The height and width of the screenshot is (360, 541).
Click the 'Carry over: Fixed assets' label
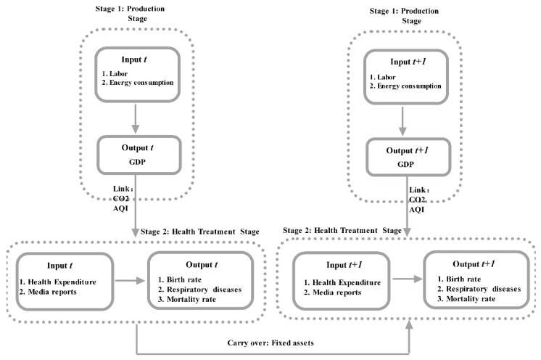pos(270,343)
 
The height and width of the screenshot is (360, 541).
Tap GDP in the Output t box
pos(137,162)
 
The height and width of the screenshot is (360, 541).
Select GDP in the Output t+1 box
pos(405,164)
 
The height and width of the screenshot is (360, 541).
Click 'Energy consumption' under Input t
pos(141,83)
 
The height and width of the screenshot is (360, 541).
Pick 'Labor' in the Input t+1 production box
pos(386,77)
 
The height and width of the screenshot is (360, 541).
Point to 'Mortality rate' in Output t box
pos(191,299)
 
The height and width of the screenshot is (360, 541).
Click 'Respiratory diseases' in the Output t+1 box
pos(484,289)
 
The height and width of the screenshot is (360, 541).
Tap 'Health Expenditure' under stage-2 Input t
pos(62,282)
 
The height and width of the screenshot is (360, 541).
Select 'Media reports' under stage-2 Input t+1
pos(336,292)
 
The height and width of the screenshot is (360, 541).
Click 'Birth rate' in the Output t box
pos(184,279)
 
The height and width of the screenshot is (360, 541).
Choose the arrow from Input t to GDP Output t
pos(135,119)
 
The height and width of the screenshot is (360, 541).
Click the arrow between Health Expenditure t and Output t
pos(130,281)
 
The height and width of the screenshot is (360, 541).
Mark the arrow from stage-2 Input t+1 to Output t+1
pos(408,279)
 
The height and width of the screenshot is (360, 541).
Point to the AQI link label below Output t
pos(120,208)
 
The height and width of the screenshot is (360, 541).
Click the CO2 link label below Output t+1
pos(417,200)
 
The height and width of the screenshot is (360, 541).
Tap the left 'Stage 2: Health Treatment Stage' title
pos(199,232)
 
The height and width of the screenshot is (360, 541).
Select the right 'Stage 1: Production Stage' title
pos(404,16)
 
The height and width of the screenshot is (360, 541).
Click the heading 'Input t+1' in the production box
pos(408,62)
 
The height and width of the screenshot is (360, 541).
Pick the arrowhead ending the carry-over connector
pos(409,324)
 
